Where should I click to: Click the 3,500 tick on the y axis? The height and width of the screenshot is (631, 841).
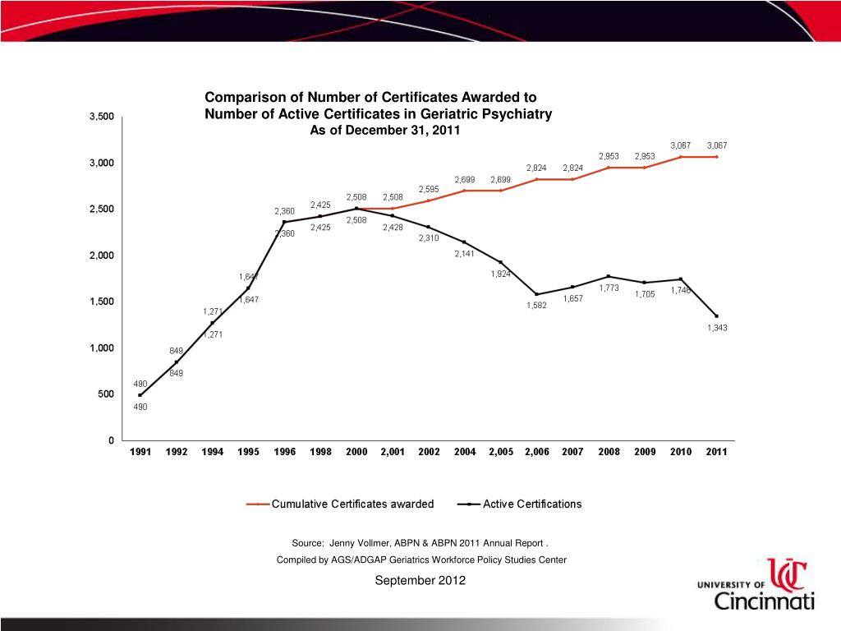click(x=103, y=117)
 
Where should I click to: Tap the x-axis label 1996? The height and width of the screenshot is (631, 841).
click(x=284, y=452)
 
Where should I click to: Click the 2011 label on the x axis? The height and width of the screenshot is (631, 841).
click(x=716, y=452)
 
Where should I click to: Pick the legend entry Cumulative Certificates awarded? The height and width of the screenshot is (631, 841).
click(x=352, y=504)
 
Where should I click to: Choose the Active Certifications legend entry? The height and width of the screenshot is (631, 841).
click(x=532, y=504)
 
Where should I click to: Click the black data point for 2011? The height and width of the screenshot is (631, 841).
click(x=716, y=316)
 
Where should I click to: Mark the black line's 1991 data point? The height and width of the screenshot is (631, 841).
click(x=140, y=395)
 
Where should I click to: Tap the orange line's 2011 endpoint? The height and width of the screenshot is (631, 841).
click(x=716, y=157)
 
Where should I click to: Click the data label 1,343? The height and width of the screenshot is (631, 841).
click(x=717, y=329)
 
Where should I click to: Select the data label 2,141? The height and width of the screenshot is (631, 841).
click(x=465, y=254)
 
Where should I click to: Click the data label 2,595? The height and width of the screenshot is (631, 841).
click(x=429, y=189)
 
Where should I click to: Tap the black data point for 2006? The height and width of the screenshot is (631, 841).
click(x=536, y=294)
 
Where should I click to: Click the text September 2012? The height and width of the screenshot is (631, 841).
click(x=420, y=581)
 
